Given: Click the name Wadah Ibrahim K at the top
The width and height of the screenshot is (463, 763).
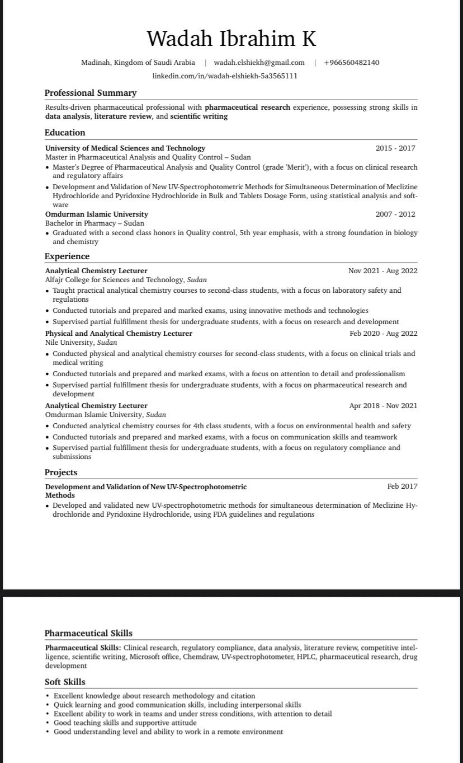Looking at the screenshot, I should coord(231,39).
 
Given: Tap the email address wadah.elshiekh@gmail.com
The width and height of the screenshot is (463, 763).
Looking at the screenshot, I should coord(259,63).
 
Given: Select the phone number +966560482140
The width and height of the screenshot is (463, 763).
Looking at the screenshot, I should coord(351,63).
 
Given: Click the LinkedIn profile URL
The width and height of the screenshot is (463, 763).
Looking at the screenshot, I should coord(225,76).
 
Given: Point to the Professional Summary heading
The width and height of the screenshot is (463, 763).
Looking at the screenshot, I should coord(91,93).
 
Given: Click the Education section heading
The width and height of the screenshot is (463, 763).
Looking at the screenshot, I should coord(65,133).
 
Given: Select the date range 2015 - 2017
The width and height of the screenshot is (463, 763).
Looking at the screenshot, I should coord(395,148).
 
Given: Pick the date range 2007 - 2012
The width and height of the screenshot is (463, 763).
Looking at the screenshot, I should coord(395,214).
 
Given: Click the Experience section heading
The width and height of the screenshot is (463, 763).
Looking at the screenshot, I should coord(67,256).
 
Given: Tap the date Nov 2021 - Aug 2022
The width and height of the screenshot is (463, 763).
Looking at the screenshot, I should coord(382,271).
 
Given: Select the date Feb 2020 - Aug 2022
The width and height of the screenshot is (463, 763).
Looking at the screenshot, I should coord(383,334).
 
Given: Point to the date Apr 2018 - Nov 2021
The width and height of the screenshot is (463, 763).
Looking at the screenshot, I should coord(383,406).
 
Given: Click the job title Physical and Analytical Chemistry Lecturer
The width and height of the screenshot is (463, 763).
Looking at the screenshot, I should coord(119,334).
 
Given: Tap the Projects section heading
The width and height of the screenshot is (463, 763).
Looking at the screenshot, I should coord(61,472).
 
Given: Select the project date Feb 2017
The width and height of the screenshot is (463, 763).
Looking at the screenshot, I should coord(402,486).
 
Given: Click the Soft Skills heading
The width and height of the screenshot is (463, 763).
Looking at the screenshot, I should coord(65,682).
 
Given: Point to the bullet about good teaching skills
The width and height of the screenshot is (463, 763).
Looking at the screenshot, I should coord(125,723).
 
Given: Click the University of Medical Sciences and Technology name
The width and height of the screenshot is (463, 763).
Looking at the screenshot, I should coord(125,148).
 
